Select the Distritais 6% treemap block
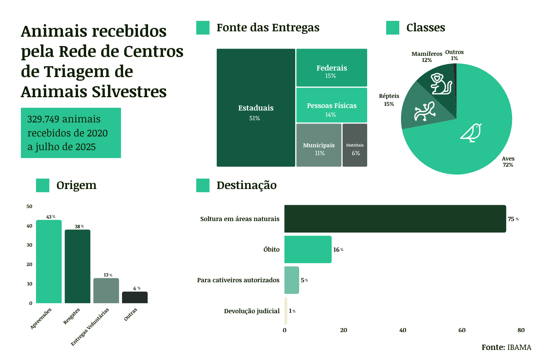pos(355,145)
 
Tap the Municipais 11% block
pos(319,145)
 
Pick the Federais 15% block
pos(332,68)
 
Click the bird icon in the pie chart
pos(471,132)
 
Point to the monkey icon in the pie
pos(441,84)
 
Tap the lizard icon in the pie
pos(425,111)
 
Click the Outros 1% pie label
pos(454,55)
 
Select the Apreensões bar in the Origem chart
pos(49,261)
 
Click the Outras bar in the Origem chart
pos(135,297)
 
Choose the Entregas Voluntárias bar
pos(106,291)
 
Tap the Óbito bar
pos(308,249)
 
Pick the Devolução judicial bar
pos(286,311)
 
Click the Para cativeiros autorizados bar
pos(292,280)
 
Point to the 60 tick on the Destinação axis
pos(462,330)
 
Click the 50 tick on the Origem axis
pos(30,206)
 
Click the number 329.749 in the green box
pos(43,119)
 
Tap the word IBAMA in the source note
pos(519,347)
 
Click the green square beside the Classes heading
pos(393,28)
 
